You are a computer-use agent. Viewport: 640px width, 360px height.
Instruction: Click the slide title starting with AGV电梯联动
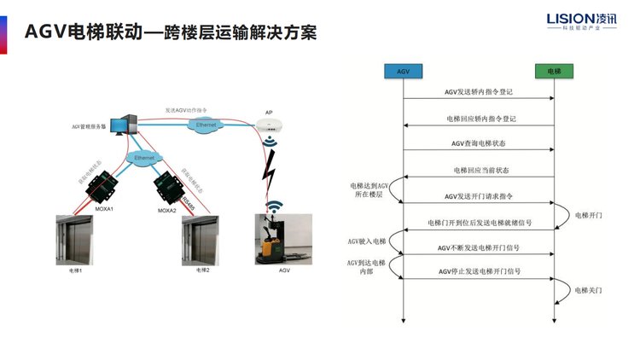coord(171,32)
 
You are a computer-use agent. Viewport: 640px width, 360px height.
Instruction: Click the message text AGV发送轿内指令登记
coord(478,91)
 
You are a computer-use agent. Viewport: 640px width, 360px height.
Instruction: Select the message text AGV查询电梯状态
coord(478,143)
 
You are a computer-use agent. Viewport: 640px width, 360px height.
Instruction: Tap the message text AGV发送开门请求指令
coord(479,196)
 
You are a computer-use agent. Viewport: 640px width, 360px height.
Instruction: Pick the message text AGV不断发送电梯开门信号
coord(478,247)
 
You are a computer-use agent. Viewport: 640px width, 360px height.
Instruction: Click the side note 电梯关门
coord(588,290)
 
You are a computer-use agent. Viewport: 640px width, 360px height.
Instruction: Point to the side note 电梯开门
coord(588,215)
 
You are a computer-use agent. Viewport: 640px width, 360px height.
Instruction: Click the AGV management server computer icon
coord(127,125)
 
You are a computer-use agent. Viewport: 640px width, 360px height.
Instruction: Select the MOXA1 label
coord(102,209)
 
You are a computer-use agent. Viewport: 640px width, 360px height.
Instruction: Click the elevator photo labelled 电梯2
coord(202,241)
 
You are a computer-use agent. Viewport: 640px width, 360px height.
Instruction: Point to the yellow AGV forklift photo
coord(277,239)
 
